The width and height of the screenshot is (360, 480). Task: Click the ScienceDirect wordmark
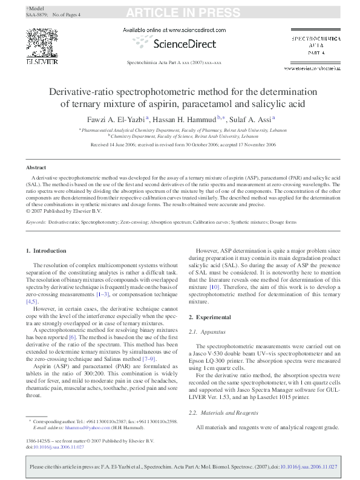pyautogui.click(x=179, y=44)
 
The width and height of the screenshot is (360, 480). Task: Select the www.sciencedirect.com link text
pyautogui.click(x=197, y=30)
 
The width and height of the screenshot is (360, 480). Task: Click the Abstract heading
pyautogui.click(x=36, y=167)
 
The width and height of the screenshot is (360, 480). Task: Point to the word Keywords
pyautogui.click(x=36, y=222)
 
